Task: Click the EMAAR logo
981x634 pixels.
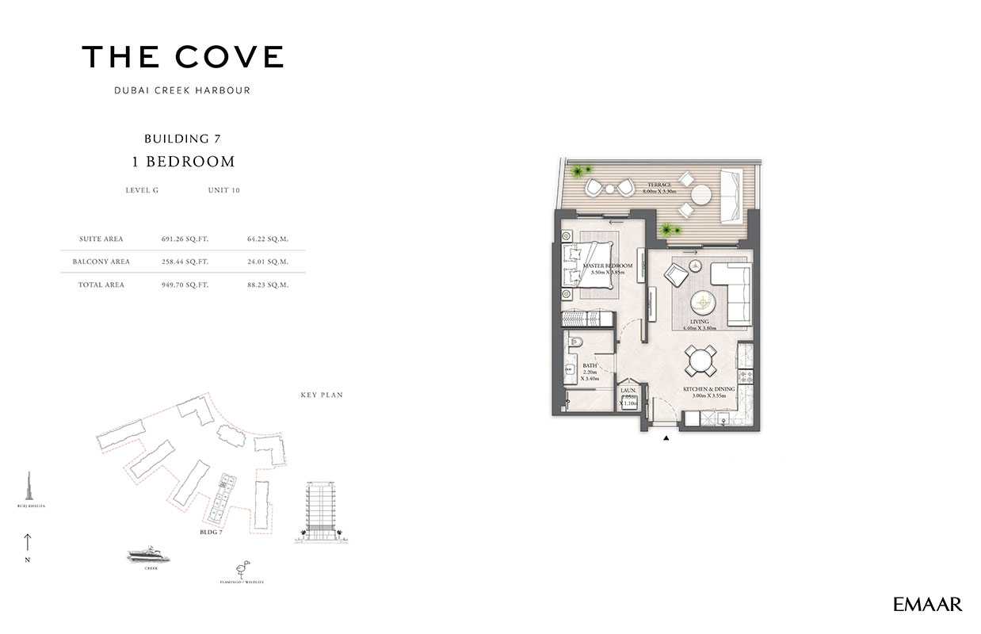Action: pyautogui.click(x=927, y=605)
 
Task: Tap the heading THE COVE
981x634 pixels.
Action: pyautogui.click(x=182, y=57)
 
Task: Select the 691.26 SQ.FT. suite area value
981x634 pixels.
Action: pyautogui.click(x=185, y=239)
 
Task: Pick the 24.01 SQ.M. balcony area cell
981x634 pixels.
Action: pyautogui.click(x=268, y=262)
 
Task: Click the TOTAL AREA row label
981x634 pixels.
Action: pyautogui.click(x=101, y=285)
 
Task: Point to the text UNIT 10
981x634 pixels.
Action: pyautogui.click(x=223, y=190)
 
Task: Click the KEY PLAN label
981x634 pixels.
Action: pyautogui.click(x=322, y=395)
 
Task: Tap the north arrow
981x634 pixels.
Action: pyautogui.click(x=28, y=544)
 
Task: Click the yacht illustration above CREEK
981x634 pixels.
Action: pyautogui.click(x=148, y=556)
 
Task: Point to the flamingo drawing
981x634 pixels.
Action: pyautogui.click(x=241, y=570)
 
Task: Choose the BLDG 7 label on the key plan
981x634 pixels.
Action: pyautogui.click(x=212, y=533)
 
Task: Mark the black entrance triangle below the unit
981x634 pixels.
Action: pyautogui.click(x=666, y=437)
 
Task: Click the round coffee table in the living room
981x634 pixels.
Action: pyautogui.click(x=702, y=303)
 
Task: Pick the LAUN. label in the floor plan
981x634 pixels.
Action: pyautogui.click(x=628, y=391)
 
